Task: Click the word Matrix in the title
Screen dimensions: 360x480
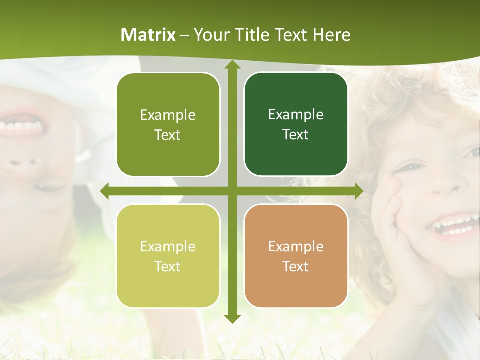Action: pos(148,35)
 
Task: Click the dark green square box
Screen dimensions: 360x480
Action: pos(296,124)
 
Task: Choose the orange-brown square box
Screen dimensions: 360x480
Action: pos(296,256)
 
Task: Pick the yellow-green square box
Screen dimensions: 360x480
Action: pos(168,256)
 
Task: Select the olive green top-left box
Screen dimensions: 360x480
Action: pos(168,124)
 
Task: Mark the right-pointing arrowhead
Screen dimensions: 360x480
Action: pos(358,191)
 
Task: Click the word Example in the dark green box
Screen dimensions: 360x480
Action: pos(296,114)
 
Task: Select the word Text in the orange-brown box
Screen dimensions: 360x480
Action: pos(296,266)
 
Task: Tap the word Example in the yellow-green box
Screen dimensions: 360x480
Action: pos(168,246)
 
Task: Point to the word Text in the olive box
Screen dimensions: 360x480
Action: pos(168,135)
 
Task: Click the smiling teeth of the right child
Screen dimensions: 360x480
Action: pos(452,226)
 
